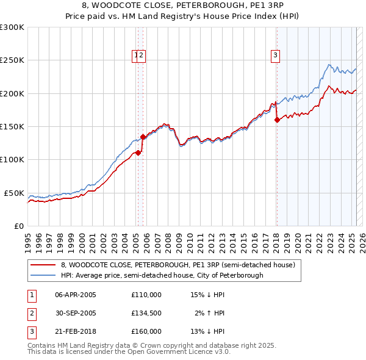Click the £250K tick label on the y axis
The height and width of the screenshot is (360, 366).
point(12,60)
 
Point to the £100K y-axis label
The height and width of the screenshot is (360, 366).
point(12,160)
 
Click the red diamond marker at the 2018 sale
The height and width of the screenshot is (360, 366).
point(277,120)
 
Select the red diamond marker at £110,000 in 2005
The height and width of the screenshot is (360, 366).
point(138,153)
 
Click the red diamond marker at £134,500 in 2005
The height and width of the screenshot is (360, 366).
point(143,137)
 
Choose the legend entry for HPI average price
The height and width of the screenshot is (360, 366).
point(162,275)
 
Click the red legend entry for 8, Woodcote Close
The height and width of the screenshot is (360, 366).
point(178,265)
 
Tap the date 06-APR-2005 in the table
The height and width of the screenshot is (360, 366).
point(76,295)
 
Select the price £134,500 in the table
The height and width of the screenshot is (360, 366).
point(146,313)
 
